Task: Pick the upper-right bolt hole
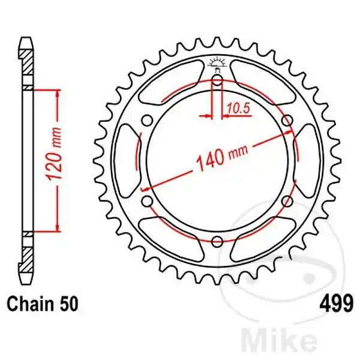(x=287, y=121)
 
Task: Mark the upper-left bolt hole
(x=146, y=121)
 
